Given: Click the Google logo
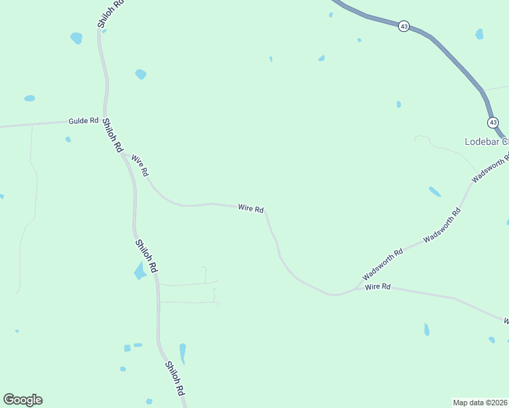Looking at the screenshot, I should coord(22,400).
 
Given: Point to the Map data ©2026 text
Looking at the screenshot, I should coord(480,402).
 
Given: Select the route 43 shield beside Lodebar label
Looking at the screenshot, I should coord(493,122).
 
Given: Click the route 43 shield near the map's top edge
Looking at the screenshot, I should coord(404,27).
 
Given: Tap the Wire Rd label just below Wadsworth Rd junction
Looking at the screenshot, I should coord(378,287).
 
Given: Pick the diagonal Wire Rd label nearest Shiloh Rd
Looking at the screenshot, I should coord(140,165).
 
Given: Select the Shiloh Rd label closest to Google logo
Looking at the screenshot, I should coord(175,379).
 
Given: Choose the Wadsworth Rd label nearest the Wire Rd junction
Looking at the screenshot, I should coord(383,264).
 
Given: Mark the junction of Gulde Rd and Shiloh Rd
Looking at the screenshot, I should coord(105,120).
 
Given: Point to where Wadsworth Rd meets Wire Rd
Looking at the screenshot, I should coord(356,288).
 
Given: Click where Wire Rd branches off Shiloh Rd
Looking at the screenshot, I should coord(125,154).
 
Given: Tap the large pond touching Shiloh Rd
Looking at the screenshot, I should coord(141,270).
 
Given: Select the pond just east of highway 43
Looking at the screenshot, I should coord(479,34).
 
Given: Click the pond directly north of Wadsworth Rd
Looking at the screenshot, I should coord(434,191).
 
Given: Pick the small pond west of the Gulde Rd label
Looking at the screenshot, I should coord(29,99).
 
